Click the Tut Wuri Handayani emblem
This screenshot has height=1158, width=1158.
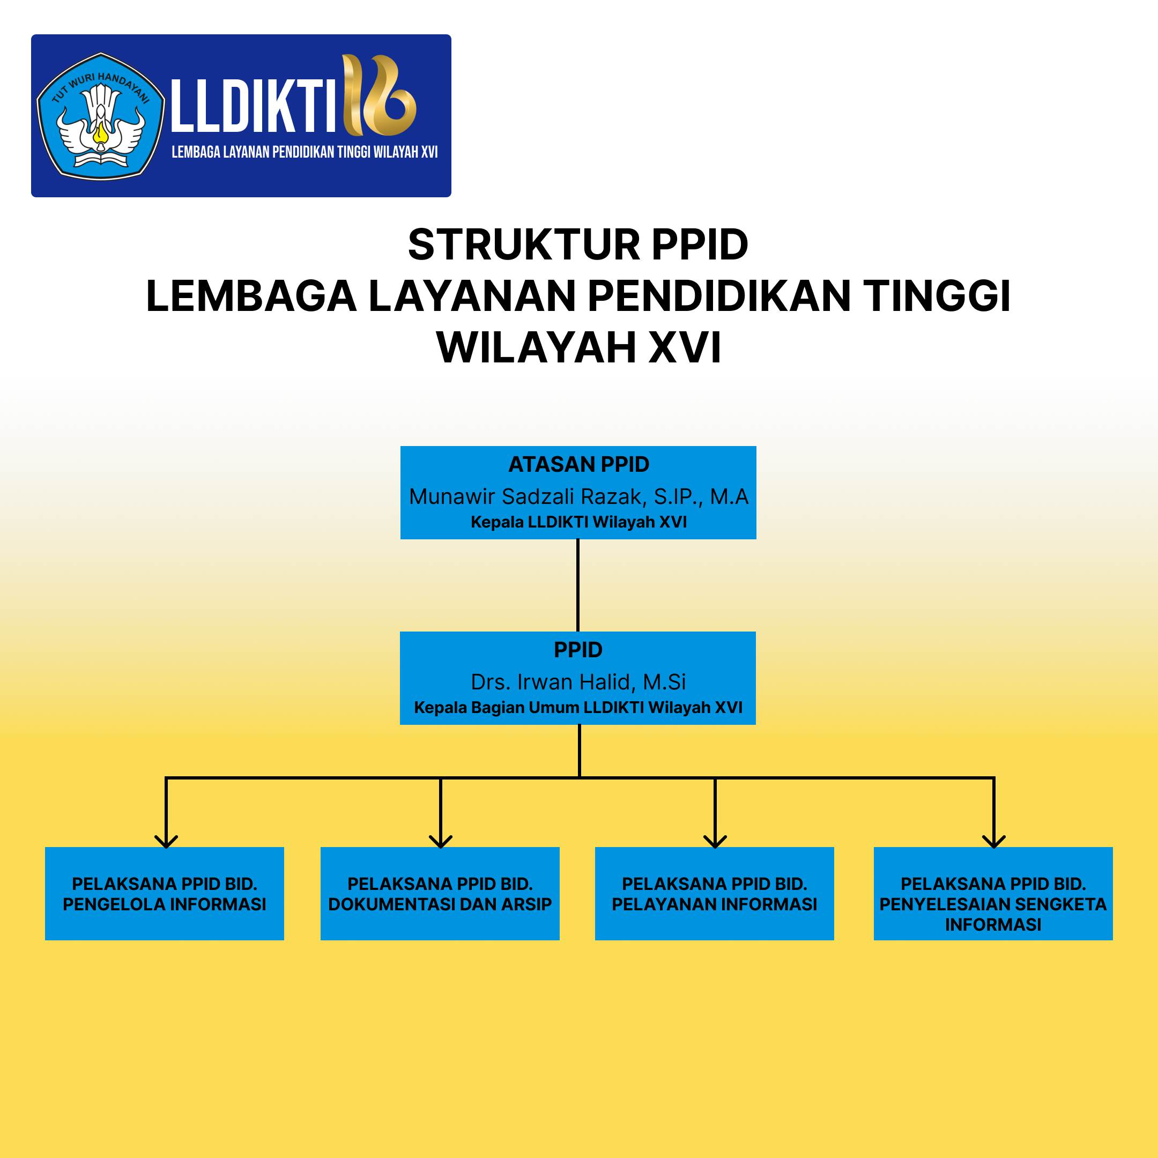[101, 116]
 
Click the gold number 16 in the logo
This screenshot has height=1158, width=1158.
[379, 95]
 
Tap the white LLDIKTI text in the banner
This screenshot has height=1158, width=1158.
[253, 106]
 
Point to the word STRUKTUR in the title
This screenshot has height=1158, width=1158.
[524, 244]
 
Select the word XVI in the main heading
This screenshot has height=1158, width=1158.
[685, 347]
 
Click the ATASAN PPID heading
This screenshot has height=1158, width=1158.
[578, 464]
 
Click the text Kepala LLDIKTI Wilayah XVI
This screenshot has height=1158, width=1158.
[578, 522]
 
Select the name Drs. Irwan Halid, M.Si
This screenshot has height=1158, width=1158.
[578, 682]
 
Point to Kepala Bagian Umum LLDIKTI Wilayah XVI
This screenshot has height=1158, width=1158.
[578, 708]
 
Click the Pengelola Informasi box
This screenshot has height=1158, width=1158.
[164, 894]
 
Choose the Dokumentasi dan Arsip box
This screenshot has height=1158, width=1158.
[440, 894]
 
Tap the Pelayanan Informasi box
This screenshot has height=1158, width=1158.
[715, 894]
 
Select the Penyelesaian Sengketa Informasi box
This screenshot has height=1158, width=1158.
[993, 894]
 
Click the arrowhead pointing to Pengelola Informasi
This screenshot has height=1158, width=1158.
[166, 842]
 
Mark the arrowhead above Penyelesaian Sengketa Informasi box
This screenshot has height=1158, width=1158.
[994, 842]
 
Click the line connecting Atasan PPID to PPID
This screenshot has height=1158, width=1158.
[578, 585]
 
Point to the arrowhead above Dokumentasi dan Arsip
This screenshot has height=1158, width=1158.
[441, 842]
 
